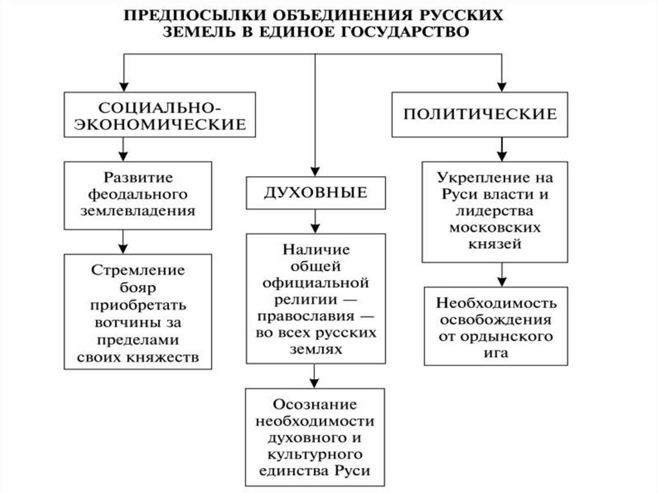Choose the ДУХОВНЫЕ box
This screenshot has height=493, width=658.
[315, 192]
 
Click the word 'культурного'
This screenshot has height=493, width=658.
[315, 454]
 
